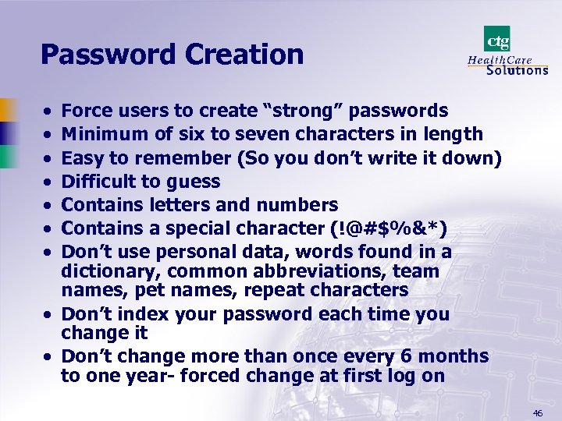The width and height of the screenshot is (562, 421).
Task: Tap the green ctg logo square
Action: (x=496, y=39)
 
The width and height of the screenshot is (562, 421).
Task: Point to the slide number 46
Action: (x=538, y=412)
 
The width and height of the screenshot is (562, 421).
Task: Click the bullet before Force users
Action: (x=48, y=112)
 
